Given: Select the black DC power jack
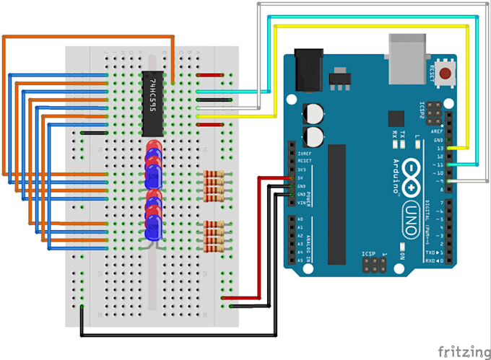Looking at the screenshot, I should coord(308,70).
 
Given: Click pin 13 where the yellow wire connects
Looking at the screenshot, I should coord(451,148).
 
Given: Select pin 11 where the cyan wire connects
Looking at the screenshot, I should coord(451,165).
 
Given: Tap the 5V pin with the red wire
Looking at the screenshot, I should coord(292,178).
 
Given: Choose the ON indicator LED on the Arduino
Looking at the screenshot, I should coord(396,256).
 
